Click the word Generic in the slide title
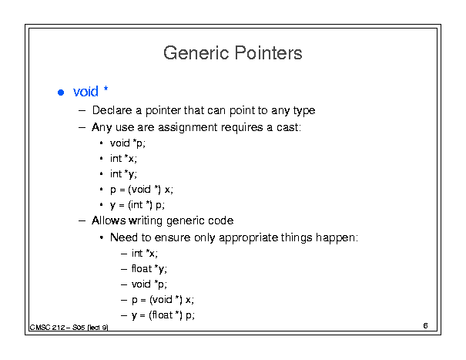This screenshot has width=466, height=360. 196,53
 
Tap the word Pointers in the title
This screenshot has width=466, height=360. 269,53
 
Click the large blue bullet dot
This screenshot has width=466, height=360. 61,93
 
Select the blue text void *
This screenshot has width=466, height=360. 91,91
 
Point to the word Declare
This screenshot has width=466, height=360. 112,110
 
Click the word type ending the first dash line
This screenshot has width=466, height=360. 304,111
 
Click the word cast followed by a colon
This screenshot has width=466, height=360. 289,127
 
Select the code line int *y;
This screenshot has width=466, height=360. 123,173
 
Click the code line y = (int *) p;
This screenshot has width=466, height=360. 137,205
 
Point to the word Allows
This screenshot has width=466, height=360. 109,220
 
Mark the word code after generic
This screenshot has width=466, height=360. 221,220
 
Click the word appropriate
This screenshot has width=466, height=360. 249,237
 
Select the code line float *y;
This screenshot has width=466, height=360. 149,269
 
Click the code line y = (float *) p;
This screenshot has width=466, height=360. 163,315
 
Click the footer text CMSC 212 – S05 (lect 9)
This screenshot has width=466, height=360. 69,328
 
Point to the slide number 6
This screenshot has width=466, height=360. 426,325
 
